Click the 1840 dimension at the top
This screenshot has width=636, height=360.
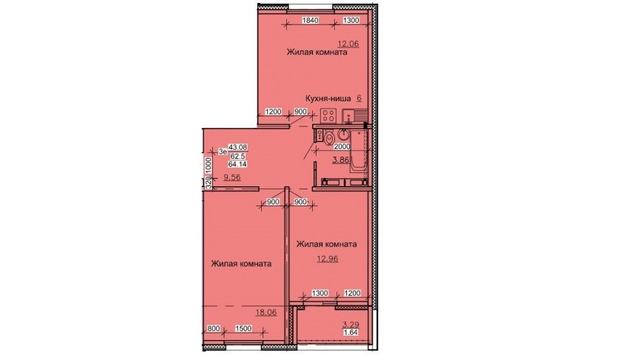click(x=311, y=21)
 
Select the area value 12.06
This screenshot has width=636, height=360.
click(x=349, y=43)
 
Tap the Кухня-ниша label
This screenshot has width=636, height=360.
click(x=328, y=98)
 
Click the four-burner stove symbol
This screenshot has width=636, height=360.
click(x=328, y=115)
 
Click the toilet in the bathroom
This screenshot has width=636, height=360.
click(x=329, y=137)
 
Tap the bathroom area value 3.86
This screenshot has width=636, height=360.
click(x=341, y=160)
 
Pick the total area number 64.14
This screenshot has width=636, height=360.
click(x=237, y=164)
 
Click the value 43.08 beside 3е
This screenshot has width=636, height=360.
click(x=237, y=148)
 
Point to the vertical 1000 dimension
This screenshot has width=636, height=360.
click(x=209, y=165)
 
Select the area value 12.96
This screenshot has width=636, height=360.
click(x=328, y=259)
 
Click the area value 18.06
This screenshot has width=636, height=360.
click(x=266, y=312)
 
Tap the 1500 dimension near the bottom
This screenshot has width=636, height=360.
click(x=243, y=328)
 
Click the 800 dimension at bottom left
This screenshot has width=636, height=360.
click(x=215, y=328)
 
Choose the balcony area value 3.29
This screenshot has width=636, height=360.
click(x=351, y=325)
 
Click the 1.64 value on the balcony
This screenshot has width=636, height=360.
click(x=351, y=333)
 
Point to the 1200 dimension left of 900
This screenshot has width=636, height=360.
click(x=274, y=112)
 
